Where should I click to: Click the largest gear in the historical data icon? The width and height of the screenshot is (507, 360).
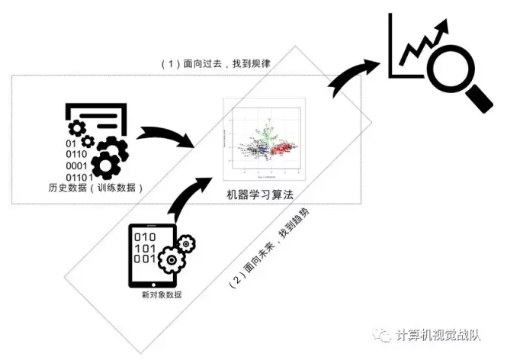(x=109, y=157)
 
